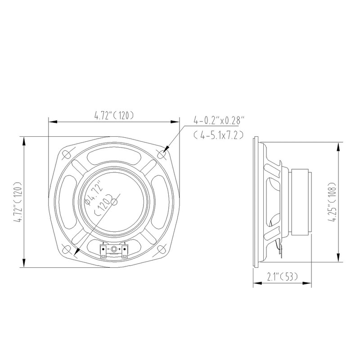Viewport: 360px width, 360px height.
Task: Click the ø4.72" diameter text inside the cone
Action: click(x=92, y=193)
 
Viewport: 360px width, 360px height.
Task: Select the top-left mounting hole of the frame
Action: click(x=66, y=154)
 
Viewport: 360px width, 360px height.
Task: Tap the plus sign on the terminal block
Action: click(x=119, y=249)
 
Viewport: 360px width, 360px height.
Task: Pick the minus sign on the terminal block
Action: click(x=108, y=249)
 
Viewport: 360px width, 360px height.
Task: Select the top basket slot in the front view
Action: click(x=114, y=158)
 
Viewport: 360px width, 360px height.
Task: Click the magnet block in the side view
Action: click(x=301, y=201)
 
